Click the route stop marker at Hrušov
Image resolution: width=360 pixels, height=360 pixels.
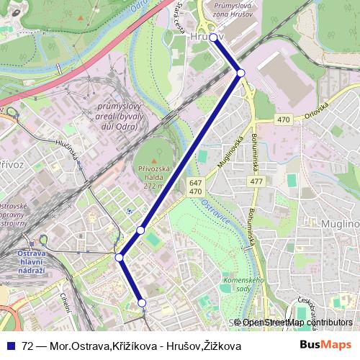(x=213, y=37)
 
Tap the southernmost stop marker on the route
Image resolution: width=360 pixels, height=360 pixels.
(x=142, y=303)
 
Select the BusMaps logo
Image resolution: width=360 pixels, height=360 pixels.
(x=325, y=345)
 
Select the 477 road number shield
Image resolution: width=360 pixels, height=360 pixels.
(x=256, y=181)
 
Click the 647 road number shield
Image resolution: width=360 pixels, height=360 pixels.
(x=195, y=183)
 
